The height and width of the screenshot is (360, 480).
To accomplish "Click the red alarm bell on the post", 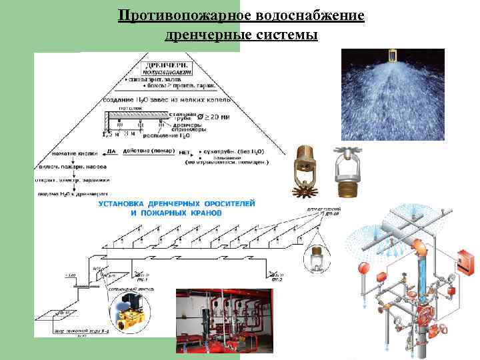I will click(x=364, y=269).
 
